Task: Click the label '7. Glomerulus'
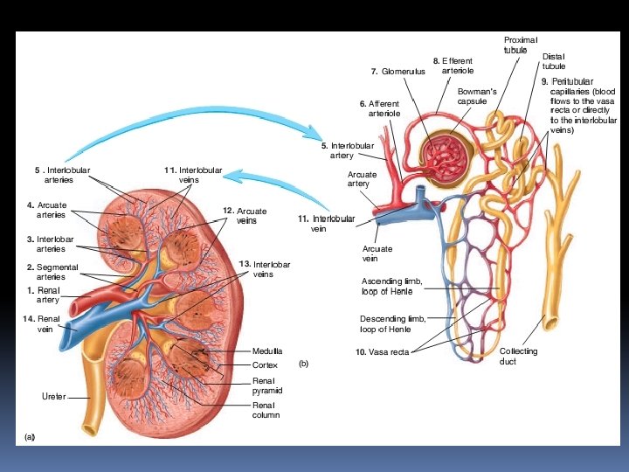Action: click(x=397, y=71)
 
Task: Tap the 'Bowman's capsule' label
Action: click(x=477, y=96)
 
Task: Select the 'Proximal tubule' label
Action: click(x=520, y=45)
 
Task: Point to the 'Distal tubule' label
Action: click(x=553, y=60)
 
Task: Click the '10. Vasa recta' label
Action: click(x=383, y=352)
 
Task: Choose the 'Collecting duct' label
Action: click(x=518, y=356)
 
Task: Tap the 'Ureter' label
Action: click(x=53, y=397)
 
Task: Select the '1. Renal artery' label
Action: click(x=43, y=295)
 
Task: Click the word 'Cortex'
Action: click(x=265, y=364)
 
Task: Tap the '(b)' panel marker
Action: click(x=303, y=361)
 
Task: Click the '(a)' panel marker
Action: click(x=30, y=434)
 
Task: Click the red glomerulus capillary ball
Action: click(x=446, y=156)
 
